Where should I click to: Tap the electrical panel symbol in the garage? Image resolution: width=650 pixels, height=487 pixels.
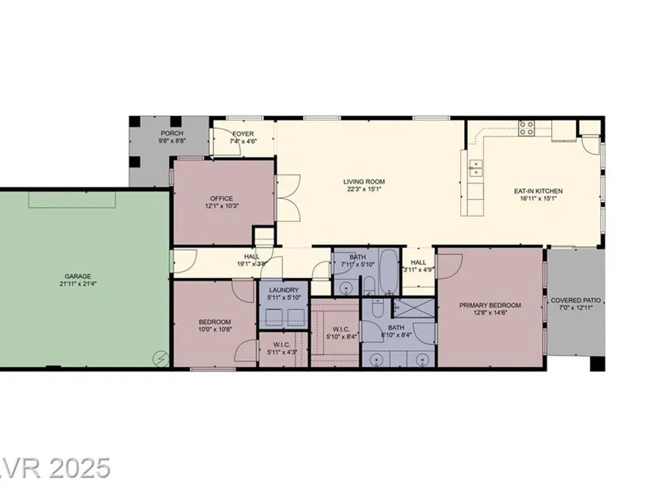(x=161, y=358)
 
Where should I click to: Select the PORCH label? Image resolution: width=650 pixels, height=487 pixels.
(x=172, y=133)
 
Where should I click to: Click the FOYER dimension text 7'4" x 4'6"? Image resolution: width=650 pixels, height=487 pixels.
(x=243, y=141)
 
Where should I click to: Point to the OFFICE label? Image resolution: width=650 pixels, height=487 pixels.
(x=222, y=198)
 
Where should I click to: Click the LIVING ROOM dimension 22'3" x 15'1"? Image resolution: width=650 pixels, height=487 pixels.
(x=364, y=189)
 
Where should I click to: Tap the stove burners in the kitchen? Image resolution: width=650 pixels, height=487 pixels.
(x=527, y=129)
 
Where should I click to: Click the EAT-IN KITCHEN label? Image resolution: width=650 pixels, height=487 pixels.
(x=538, y=191)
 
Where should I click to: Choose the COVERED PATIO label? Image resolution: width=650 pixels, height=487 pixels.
(x=575, y=301)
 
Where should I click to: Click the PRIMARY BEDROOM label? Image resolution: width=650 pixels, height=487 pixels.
(x=490, y=305)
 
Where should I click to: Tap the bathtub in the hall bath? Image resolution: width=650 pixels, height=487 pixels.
(x=389, y=271)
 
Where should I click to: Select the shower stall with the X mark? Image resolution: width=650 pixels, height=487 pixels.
(x=413, y=308)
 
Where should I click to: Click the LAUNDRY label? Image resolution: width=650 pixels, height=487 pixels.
(x=283, y=290)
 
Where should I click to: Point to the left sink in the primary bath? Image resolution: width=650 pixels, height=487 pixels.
(x=376, y=359)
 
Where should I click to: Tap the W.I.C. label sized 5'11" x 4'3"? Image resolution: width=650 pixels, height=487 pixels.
(x=282, y=345)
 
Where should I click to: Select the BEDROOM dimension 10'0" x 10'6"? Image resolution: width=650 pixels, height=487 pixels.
(x=214, y=329)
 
